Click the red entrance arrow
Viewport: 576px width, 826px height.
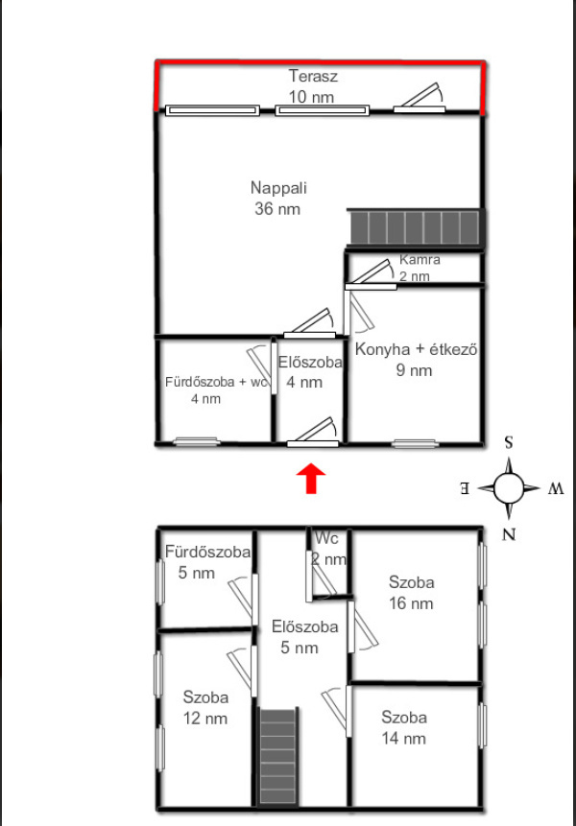311,479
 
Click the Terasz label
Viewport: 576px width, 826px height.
313,76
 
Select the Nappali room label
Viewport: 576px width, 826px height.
278,188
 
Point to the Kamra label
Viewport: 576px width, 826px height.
420,260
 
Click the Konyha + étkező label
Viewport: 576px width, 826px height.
417,349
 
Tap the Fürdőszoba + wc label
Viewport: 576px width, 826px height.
217,382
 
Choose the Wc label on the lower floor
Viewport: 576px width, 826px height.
326,538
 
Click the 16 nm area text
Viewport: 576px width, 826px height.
411,603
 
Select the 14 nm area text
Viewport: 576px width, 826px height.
403,739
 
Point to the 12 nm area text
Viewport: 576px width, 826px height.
205,719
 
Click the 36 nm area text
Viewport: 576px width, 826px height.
277,209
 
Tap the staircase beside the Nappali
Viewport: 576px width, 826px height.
416,227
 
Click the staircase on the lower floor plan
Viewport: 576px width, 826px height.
277,757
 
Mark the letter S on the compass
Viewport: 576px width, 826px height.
509,442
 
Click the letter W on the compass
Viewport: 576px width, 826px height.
556,489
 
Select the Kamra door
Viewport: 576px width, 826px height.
371,275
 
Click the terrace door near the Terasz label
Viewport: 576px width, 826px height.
419,98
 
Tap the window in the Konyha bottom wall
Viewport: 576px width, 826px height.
415,443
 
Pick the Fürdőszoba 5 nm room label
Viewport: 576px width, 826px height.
207,562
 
